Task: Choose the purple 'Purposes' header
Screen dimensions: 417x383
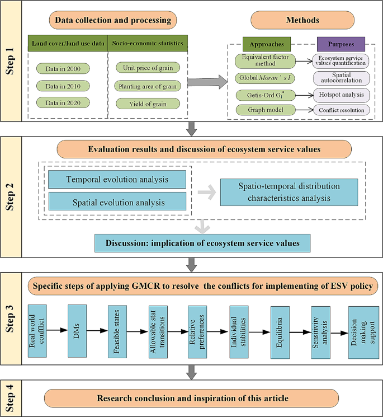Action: [340, 44]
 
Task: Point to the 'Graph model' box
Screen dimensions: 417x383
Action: [265, 110]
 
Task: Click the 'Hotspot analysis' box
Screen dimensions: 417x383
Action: [341, 95]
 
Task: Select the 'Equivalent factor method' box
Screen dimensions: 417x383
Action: [265, 60]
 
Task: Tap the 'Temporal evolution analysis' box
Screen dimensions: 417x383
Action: [117, 180]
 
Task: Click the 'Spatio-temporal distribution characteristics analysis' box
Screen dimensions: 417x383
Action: [288, 192]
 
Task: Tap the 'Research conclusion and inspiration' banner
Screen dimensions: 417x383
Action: [192, 398]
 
